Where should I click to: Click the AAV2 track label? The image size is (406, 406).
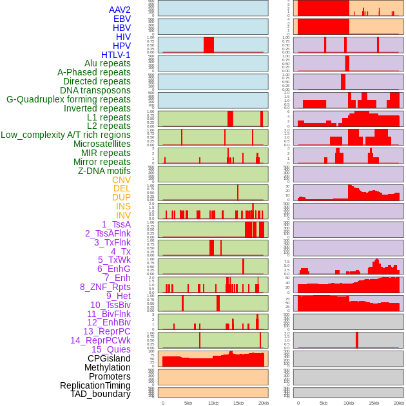120,10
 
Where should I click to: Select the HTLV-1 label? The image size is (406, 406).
115,55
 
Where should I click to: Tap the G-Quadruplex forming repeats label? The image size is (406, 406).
68,100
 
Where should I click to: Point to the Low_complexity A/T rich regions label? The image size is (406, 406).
66,135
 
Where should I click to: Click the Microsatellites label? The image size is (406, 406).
102,144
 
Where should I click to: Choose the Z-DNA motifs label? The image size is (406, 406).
104,171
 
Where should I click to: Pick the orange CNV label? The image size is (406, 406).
121,180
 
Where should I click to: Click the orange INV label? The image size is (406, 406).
123,215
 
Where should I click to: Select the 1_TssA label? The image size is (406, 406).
116,224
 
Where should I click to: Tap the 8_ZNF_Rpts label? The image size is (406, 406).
105,287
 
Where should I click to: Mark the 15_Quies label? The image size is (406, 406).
111,349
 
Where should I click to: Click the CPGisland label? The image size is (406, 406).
109,358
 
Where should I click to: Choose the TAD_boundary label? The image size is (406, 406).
101,394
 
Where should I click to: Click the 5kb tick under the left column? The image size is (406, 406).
188,403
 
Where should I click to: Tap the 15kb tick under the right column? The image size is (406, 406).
374,403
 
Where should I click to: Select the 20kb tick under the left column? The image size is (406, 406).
264,403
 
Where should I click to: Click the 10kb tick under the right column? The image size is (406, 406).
349,403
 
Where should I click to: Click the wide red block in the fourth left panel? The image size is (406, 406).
209,44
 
